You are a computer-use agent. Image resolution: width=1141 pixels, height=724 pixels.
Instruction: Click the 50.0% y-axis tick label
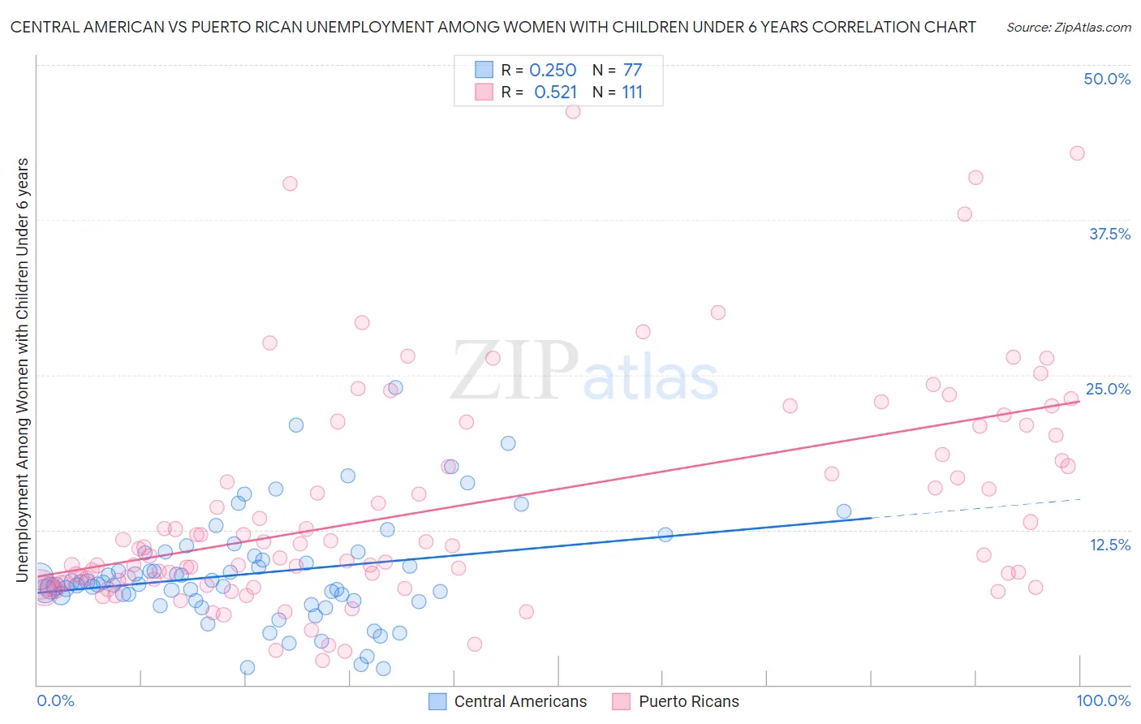pyautogui.click(x=1107, y=79)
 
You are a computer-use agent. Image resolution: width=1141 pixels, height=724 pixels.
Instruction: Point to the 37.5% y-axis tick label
pyautogui.click(x=1109, y=234)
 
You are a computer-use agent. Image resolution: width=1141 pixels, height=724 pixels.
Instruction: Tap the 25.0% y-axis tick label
pyautogui.click(x=1108, y=389)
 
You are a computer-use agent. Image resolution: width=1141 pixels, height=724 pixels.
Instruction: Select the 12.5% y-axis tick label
pyautogui.click(x=1109, y=545)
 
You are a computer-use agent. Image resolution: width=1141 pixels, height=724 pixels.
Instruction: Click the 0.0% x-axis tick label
pyautogui.click(x=56, y=700)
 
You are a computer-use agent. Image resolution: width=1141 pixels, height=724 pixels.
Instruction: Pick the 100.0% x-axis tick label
pyautogui.click(x=1104, y=700)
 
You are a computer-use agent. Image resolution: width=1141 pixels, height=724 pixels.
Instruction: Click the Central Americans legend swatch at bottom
pyautogui.click(x=437, y=701)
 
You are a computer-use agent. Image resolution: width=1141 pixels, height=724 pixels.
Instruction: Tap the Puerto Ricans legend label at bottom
pyautogui.click(x=689, y=701)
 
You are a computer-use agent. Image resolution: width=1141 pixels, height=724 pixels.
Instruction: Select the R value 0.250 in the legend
pyautogui.click(x=553, y=71)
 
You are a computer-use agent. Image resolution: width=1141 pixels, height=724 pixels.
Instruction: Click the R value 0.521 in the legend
pyautogui.click(x=555, y=93)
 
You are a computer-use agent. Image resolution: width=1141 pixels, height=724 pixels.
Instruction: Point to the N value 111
pyautogui.click(x=632, y=93)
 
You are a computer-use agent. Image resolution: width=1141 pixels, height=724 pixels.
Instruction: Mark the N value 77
pyautogui.click(x=632, y=71)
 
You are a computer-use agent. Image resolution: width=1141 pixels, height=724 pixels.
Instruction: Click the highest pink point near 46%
pyautogui.click(x=573, y=112)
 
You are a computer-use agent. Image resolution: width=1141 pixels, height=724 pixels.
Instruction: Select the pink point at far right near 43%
pyautogui.click(x=1077, y=153)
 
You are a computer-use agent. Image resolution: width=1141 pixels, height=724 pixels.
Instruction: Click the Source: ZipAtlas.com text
pyautogui.click(x=1068, y=27)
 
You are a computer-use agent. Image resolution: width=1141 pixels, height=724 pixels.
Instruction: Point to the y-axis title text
pyautogui.click(x=23, y=370)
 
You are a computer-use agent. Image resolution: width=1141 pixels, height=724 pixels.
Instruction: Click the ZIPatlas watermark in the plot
pyautogui.click(x=584, y=372)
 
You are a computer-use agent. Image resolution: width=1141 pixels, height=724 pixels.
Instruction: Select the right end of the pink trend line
pyautogui.click(x=1079, y=401)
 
